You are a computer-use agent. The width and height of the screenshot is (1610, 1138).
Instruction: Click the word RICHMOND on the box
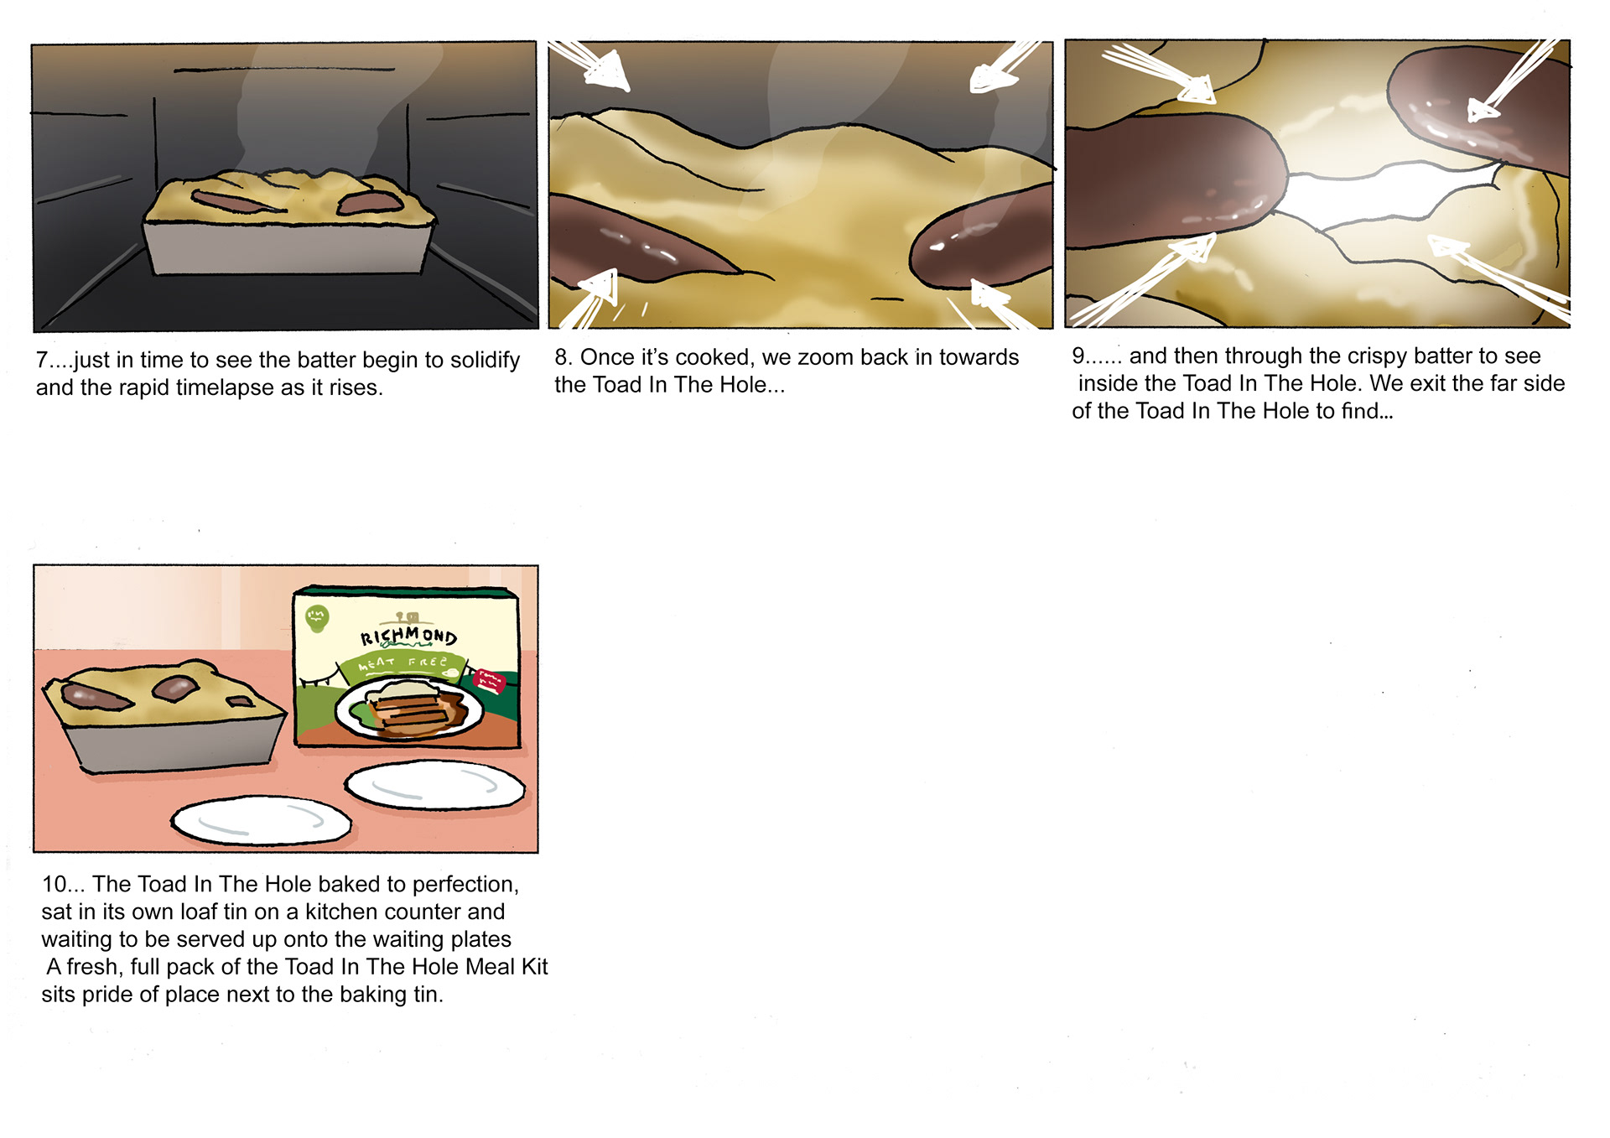[x=408, y=636]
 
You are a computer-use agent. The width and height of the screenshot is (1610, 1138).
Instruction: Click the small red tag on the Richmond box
[x=490, y=680]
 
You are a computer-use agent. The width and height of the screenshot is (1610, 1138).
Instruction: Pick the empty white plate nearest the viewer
[x=261, y=821]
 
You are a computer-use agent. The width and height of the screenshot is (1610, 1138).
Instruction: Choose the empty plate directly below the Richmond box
[x=435, y=786]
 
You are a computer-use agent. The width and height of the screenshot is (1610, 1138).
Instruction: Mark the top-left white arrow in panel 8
[x=591, y=64]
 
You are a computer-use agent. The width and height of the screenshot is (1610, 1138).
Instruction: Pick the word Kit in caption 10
[x=534, y=966]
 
